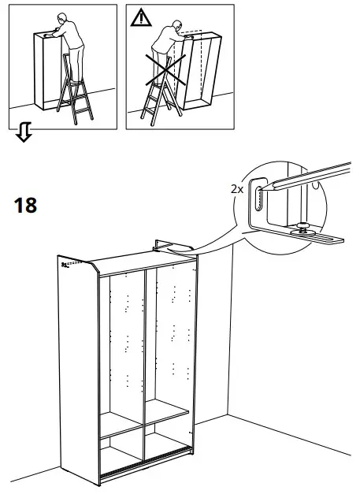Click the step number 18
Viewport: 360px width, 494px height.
pos(25,206)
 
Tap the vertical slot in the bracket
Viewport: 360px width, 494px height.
pos(257,202)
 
